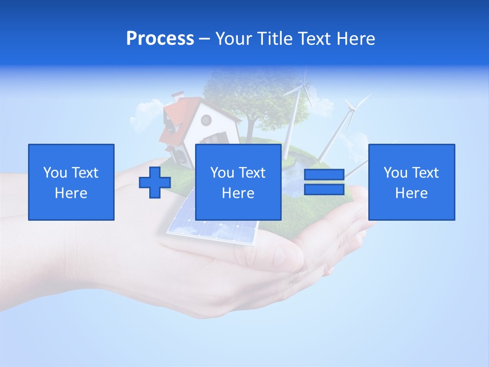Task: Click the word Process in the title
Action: tap(160, 39)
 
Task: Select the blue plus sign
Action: tap(155, 182)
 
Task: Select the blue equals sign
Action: tap(324, 182)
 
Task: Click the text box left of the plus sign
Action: tap(71, 182)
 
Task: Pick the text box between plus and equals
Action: tap(238, 182)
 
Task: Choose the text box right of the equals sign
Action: tap(411, 182)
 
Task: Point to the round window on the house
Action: tap(206, 120)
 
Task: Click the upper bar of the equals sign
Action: tap(324, 175)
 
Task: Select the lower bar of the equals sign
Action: tap(324, 189)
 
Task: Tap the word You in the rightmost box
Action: tap(394, 173)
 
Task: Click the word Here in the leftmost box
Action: tap(71, 193)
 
